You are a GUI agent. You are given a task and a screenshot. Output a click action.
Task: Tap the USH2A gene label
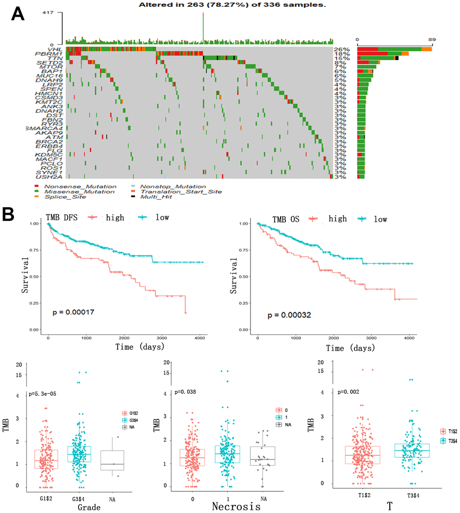52,177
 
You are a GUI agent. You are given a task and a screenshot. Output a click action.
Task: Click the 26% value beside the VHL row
340,49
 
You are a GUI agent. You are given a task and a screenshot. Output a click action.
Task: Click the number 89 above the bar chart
432,39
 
